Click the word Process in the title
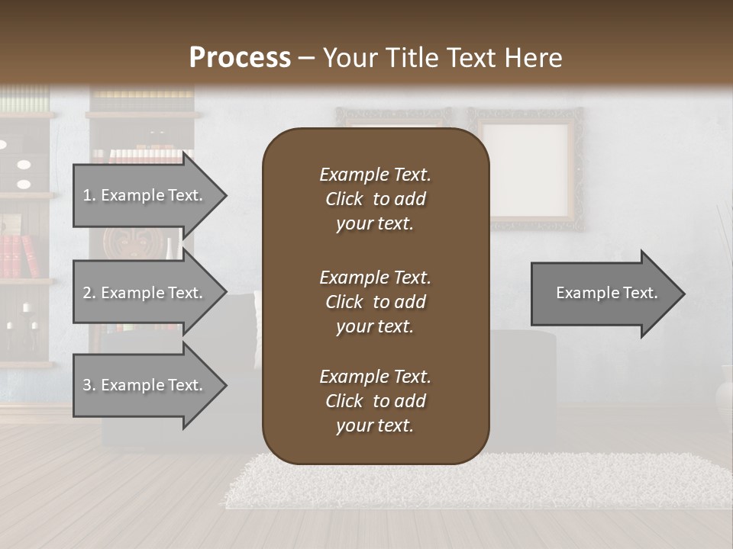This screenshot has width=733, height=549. pyautogui.click(x=240, y=58)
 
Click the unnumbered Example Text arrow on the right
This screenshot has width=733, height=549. pyautogui.click(x=606, y=294)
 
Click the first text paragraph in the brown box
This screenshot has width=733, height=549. pyautogui.click(x=375, y=199)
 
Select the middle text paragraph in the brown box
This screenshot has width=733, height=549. pyautogui.click(x=375, y=302)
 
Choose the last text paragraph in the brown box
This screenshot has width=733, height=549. pyautogui.click(x=375, y=401)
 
